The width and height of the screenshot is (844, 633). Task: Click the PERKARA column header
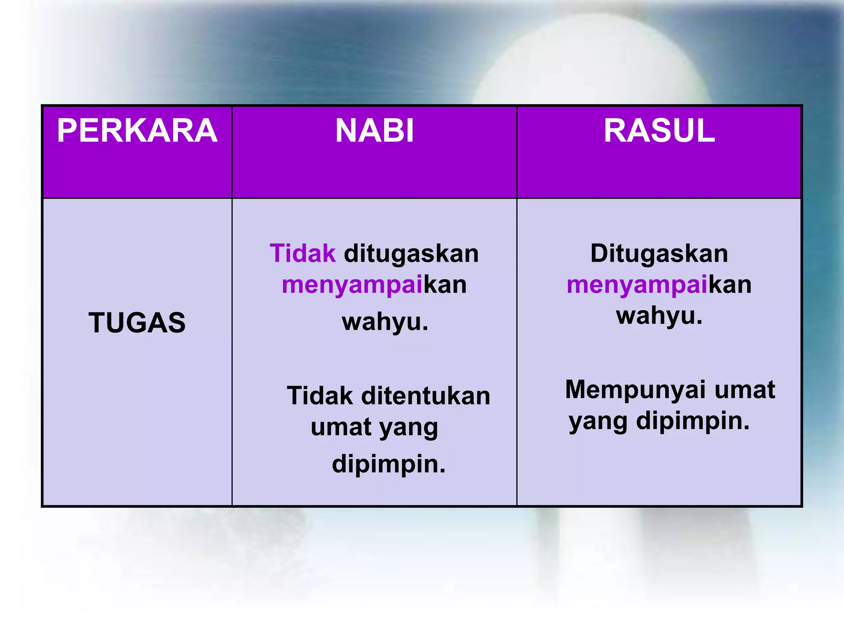(137, 131)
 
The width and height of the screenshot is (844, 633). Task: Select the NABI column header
(374, 131)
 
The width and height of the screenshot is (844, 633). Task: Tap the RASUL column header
(659, 131)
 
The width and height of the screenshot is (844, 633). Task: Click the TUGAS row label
(137, 322)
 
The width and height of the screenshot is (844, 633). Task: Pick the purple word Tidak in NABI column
(302, 253)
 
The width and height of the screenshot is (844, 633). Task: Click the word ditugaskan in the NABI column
(411, 254)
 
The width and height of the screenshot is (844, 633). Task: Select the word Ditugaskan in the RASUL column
(659, 254)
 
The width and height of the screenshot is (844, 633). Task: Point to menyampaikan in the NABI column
(374, 285)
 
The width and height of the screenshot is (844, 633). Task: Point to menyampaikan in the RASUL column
(659, 285)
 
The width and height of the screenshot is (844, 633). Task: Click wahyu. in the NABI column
(385, 322)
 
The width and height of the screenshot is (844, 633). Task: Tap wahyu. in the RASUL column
(659, 316)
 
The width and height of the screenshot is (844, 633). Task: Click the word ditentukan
(426, 396)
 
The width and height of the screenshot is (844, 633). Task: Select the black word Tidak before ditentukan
(320, 396)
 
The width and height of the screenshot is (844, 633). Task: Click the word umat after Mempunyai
(745, 390)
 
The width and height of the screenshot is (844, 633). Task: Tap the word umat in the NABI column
(341, 427)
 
